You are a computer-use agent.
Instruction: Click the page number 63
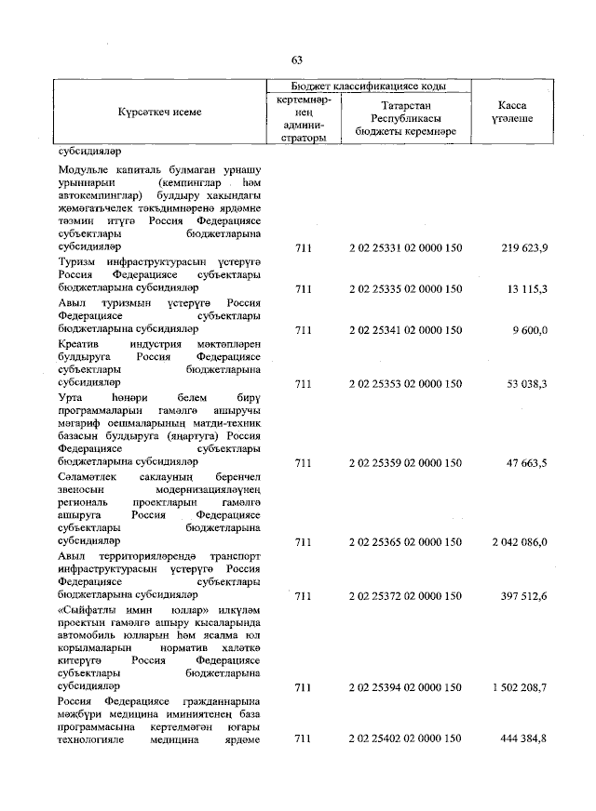[x=297, y=60]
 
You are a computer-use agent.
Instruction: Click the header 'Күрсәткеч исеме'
[x=159, y=113]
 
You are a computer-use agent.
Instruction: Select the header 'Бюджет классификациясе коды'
[x=369, y=86]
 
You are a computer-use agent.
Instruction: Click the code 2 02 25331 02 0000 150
[x=405, y=248]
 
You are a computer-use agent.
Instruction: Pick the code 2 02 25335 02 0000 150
[x=405, y=289]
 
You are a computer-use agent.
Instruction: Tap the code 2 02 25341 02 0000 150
[x=405, y=330]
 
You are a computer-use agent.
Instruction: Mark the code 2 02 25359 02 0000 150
[x=405, y=461]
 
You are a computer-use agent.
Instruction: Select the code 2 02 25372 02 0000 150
[x=405, y=593]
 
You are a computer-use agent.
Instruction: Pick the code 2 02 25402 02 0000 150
[x=405, y=739]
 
